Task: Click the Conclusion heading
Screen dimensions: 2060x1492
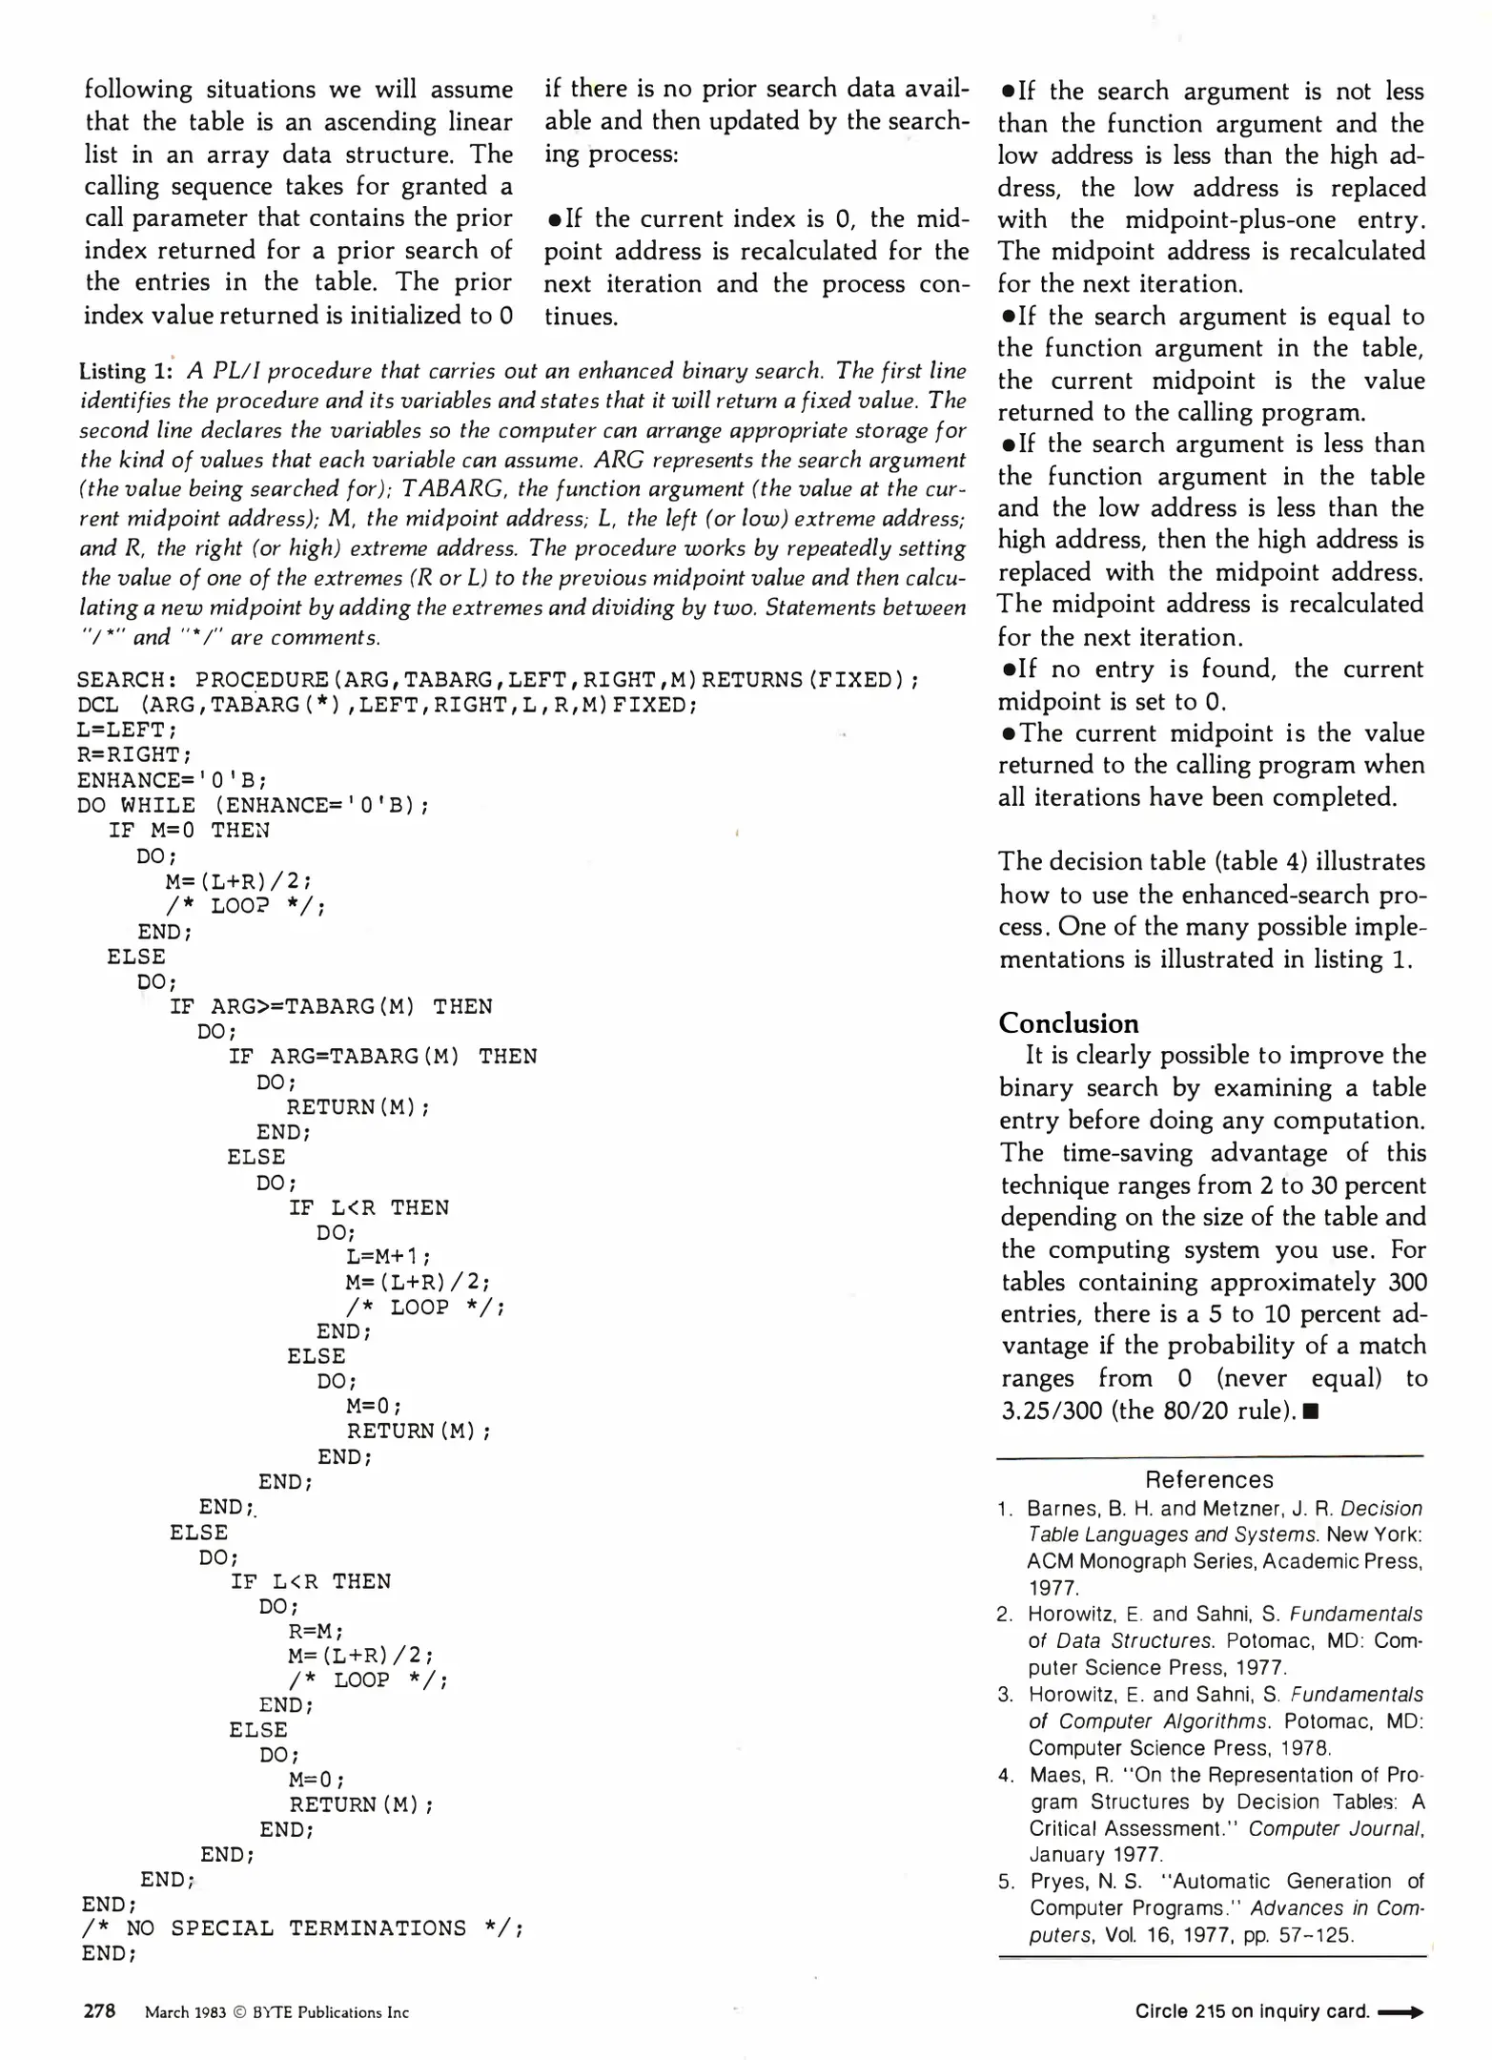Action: pyautogui.click(x=1068, y=1023)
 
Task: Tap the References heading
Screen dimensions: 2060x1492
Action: pyautogui.click(x=1209, y=1479)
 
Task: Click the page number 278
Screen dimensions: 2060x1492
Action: pyautogui.click(x=99, y=2010)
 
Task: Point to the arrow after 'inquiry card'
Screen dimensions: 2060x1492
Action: pyautogui.click(x=1400, y=2012)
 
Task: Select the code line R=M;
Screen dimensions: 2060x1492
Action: pyautogui.click(x=316, y=1632)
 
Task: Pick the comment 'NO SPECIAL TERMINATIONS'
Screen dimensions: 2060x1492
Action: pyautogui.click(x=296, y=1928)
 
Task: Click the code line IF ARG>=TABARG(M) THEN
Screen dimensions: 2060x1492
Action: pyautogui.click(x=330, y=1007)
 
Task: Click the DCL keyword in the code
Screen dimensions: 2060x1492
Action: pyautogui.click(x=98, y=705)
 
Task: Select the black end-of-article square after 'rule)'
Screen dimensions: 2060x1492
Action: pyautogui.click(x=1310, y=1411)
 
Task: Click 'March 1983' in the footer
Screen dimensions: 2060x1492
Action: pyautogui.click(x=185, y=2012)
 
